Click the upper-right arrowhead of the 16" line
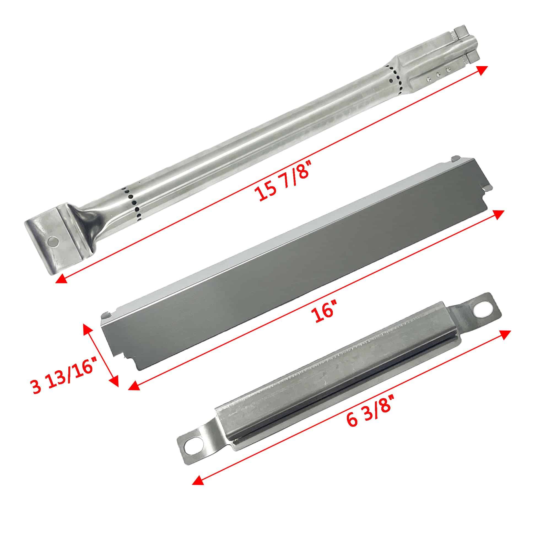point(498,214)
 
